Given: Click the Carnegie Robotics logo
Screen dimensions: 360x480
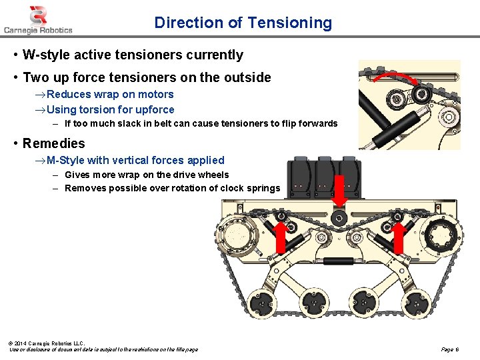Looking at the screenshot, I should pos(38,19).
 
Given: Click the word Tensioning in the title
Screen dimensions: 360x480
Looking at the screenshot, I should pos(289,23).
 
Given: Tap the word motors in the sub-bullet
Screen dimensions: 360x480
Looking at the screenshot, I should pos(157,94).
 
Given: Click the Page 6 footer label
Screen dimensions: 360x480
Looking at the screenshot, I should pos(449,349).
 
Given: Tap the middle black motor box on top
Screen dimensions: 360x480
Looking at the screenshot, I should pos(325,179).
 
